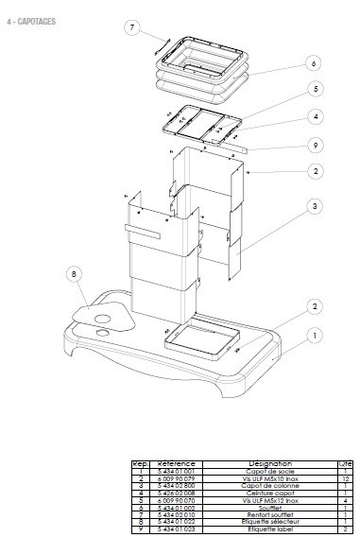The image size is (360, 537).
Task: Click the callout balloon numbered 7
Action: pos(132,27)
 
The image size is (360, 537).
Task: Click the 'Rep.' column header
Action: pos(140,464)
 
